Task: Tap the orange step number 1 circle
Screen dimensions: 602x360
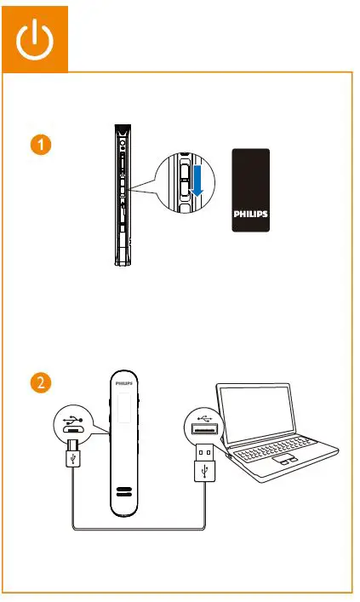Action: [36, 146]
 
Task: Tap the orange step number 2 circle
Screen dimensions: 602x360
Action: [36, 381]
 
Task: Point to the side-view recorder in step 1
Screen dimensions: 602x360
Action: [124, 196]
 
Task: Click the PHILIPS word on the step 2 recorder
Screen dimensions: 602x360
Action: [124, 385]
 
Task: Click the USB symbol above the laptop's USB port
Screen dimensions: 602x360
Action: [203, 417]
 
